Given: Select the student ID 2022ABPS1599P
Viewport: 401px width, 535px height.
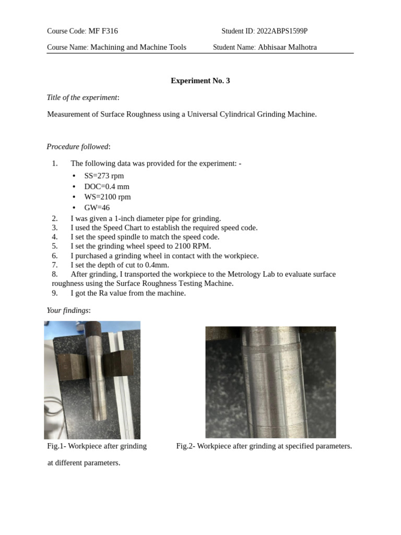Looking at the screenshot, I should pos(282,31).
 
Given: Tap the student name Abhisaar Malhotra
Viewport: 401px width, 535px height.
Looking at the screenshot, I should pos(287,47).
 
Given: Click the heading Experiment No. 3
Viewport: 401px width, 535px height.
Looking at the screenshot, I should pos(200,80).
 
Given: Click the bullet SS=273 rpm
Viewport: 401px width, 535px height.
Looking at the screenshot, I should pos(104,176).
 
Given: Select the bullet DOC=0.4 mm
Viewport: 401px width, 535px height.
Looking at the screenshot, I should pos(107,187).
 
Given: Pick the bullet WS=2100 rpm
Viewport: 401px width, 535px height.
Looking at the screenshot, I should pos(108,197).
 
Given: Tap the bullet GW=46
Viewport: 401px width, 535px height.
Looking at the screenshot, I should pos(97,207).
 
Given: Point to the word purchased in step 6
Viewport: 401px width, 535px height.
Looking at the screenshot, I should pos(92,255).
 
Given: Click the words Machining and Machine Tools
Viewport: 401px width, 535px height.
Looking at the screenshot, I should pos(138,47).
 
